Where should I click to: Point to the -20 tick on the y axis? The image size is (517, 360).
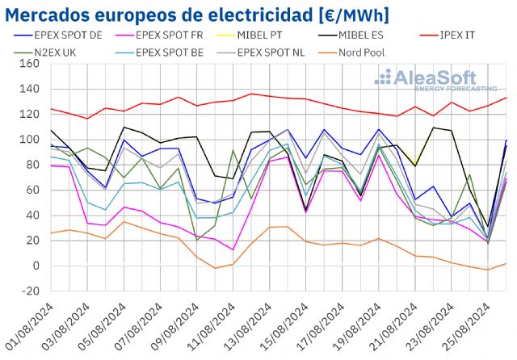click(27, 291)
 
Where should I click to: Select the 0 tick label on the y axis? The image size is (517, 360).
click(34, 266)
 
